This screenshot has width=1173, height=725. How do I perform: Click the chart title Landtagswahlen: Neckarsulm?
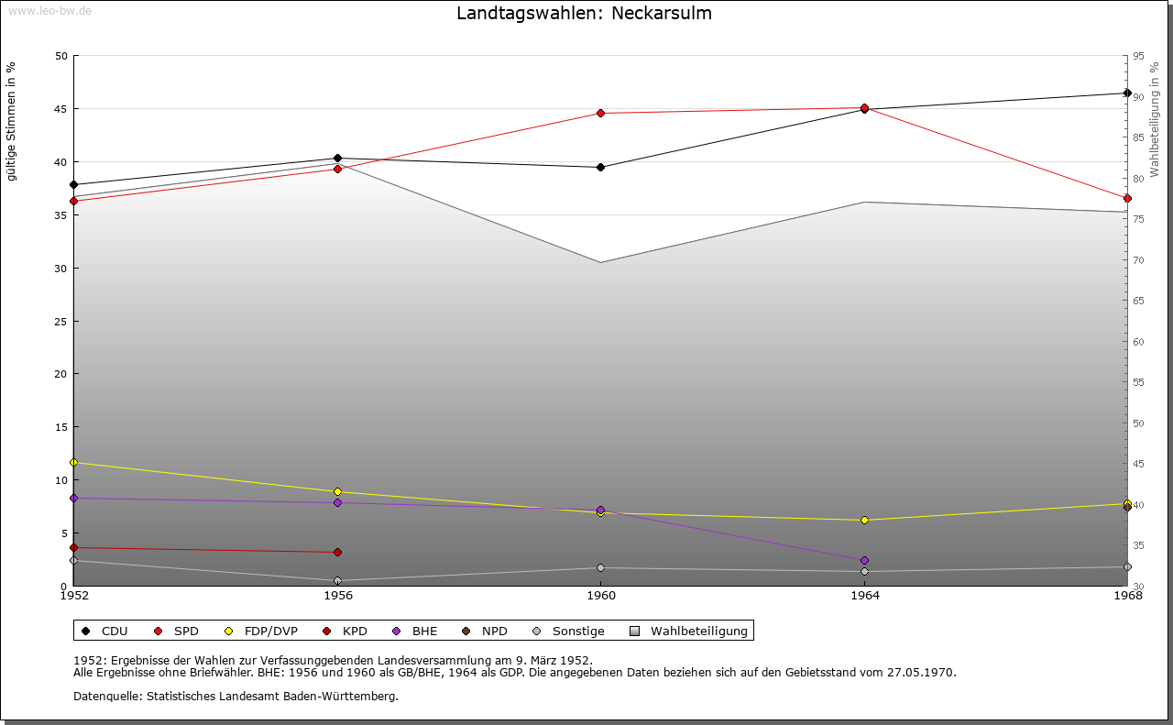point(584,14)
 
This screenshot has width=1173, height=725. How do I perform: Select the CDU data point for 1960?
point(601,167)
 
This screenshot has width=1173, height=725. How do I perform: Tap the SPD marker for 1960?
point(601,113)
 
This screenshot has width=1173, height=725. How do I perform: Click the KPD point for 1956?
point(337,552)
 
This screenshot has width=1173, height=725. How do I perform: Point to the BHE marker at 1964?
point(864,560)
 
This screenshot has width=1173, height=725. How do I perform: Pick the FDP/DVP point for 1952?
point(73,462)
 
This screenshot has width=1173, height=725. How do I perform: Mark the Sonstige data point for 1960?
point(601,567)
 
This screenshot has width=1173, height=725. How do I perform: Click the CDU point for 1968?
point(1127,93)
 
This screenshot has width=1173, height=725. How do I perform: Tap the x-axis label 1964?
point(864,596)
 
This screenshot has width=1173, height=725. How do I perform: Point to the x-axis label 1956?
point(337,596)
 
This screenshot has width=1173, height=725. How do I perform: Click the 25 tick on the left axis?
point(61,322)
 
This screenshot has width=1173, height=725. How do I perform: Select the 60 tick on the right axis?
point(1137,342)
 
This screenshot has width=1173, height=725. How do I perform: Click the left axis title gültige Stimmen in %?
point(12,121)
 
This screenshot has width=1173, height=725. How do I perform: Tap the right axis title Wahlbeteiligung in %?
point(1155,119)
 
